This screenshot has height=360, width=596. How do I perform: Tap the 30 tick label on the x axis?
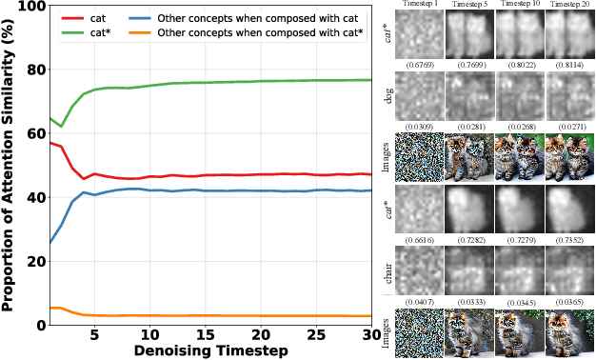click(370, 338)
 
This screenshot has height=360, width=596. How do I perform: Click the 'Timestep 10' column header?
click(520, 5)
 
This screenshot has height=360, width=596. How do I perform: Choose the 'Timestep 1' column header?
click(418, 5)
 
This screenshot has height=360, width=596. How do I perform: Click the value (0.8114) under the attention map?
click(569, 68)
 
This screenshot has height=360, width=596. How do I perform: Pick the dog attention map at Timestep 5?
click(468, 97)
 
